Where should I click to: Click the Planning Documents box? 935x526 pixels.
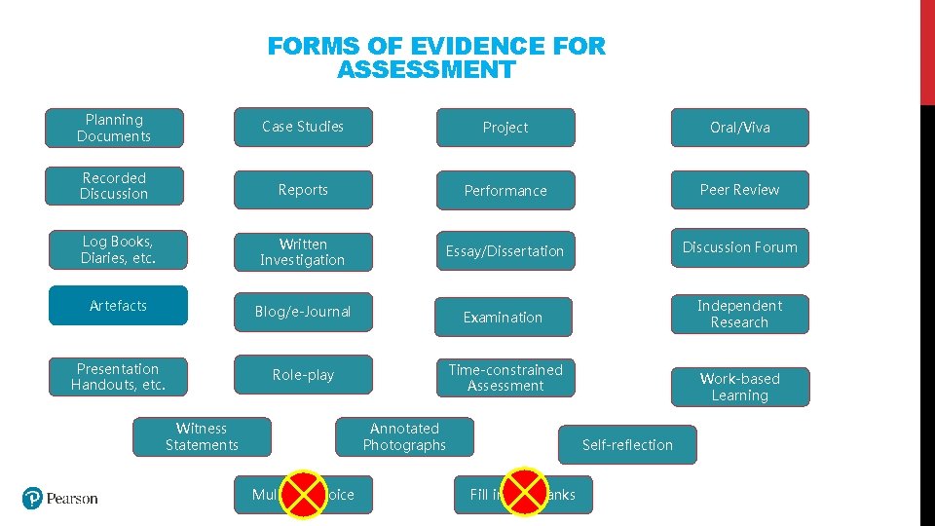click(x=114, y=128)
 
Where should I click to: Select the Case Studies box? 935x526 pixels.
click(x=303, y=127)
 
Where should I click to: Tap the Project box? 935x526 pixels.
click(x=505, y=128)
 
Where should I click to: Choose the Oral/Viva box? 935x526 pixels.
click(x=739, y=128)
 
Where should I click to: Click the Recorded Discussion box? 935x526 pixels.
click(x=114, y=186)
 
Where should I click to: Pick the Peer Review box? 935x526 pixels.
click(x=739, y=190)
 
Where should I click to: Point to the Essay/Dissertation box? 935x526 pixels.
click(x=505, y=251)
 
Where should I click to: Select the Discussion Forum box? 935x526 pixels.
click(x=739, y=247)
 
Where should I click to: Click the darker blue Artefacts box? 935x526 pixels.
click(x=118, y=306)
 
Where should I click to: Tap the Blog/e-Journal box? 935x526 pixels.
click(x=303, y=312)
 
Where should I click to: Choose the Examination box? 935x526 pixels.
click(x=503, y=318)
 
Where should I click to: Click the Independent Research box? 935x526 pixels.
click(x=739, y=314)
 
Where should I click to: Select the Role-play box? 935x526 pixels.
click(x=303, y=375)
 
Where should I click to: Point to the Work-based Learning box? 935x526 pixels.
click(x=739, y=387)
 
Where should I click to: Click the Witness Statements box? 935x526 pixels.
click(x=202, y=436)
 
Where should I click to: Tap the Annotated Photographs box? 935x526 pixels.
click(x=404, y=436)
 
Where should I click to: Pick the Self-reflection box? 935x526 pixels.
click(x=627, y=445)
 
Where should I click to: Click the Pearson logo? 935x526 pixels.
click(x=60, y=498)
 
